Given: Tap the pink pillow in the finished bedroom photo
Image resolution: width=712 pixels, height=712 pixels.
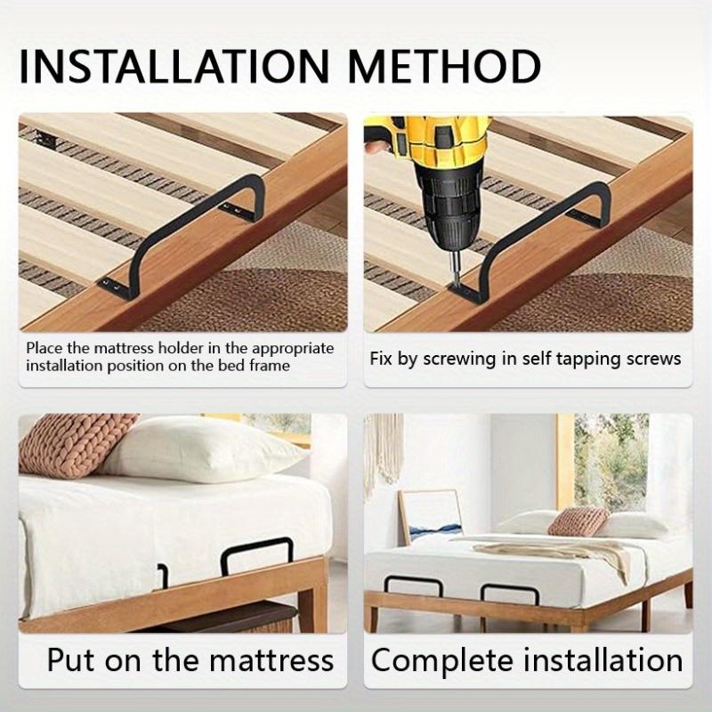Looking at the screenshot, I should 578,521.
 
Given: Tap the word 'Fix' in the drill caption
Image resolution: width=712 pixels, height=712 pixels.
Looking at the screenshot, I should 380,359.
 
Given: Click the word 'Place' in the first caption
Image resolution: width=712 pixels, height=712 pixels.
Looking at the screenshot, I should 44,348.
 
